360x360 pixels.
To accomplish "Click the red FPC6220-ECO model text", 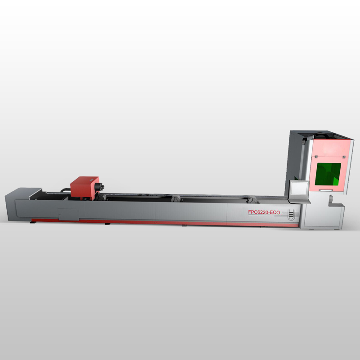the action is tap(264, 212).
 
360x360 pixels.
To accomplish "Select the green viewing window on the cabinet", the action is tap(328, 174).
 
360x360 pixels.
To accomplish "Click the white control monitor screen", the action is tap(299, 189).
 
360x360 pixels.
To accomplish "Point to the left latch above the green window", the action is tap(316, 157).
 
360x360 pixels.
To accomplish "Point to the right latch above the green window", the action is tap(344, 157).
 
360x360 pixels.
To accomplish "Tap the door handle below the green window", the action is tap(325, 190).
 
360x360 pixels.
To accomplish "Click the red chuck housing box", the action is tap(85, 187).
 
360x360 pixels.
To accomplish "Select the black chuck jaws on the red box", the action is tap(99, 187).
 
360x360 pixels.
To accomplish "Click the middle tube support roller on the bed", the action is tap(176, 198).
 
